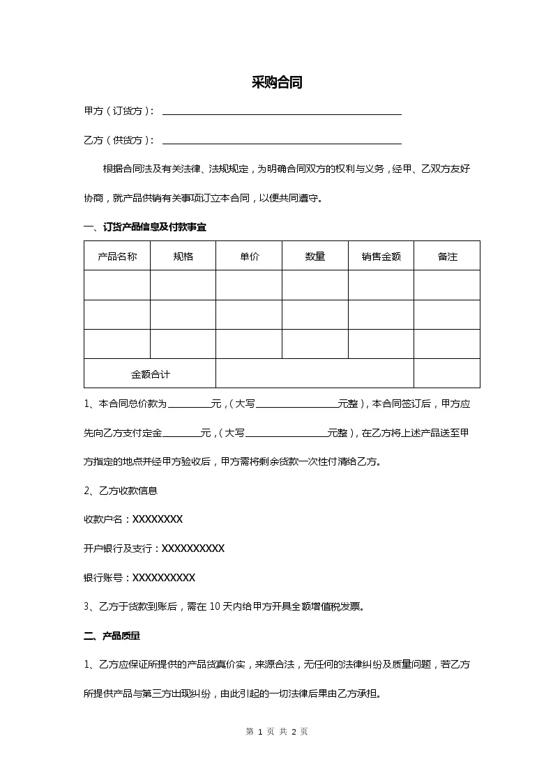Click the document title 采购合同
pyautogui.click(x=276, y=83)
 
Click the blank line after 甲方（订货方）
pyautogui.click(x=282, y=112)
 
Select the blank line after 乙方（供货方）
pyautogui.click(x=282, y=141)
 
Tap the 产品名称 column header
pyautogui.click(x=117, y=256)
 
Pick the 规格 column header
pyautogui.click(x=183, y=256)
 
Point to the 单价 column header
pyautogui.click(x=249, y=256)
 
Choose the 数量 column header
pyautogui.click(x=315, y=256)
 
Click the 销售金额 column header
pyautogui.click(x=381, y=256)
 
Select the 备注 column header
pyautogui.click(x=447, y=256)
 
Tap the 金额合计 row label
pyautogui.click(x=150, y=374)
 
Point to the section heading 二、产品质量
pyautogui.click(x=112, y=636)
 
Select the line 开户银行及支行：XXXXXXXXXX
pyautogui.click(x=153, y=549)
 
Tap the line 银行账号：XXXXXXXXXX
pyautogui.click(x=139, y=578)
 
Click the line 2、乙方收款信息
pyautogui.click(x=120, y=491)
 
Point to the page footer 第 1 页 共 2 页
pyautogui.click(x=277, y=731)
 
